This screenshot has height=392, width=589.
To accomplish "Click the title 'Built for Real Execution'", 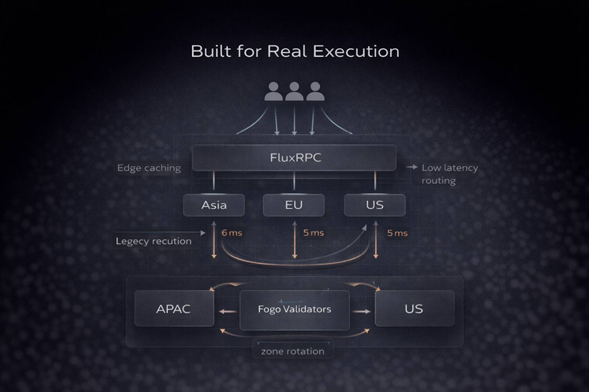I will tap(294, 52).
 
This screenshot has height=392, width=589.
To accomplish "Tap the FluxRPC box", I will tap(294, 158).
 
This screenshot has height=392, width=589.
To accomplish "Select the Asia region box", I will tap(214, 205).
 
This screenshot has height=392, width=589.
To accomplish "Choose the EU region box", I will tap(293, 205).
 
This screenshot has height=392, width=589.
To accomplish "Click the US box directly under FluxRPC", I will tap(374, 205).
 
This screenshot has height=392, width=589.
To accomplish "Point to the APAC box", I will tap(174, 309).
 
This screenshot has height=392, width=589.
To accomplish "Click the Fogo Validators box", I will tap(294, 310).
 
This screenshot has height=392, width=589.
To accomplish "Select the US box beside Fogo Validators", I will tap(414, 309).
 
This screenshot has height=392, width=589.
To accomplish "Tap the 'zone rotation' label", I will tap(292, 351).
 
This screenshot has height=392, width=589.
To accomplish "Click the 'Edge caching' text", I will tap(149, 168).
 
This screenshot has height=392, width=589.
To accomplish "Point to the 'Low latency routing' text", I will tap(450, 174).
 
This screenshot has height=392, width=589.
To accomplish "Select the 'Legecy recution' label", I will tap(154, 241).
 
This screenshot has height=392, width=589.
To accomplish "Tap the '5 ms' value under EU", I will tap(313, 233).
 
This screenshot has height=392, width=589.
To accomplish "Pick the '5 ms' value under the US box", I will tap(397, 233).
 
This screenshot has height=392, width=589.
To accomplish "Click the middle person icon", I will tap(294, 92).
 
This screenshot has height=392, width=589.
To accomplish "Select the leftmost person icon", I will tap(274, 92).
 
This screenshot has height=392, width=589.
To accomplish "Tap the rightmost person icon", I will tap(315, 92).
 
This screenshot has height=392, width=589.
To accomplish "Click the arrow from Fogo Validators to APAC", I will tap(227, 311).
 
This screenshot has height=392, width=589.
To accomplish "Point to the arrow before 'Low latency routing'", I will tap(411, 168).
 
